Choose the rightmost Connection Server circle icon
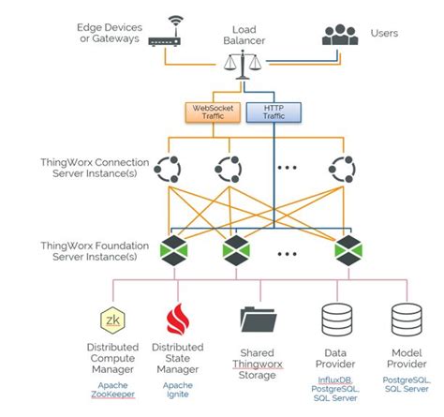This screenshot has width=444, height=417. (x=342, y=170)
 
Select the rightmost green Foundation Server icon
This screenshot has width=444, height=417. (x=348, y=250)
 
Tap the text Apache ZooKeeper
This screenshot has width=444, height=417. (x=111, y=391)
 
